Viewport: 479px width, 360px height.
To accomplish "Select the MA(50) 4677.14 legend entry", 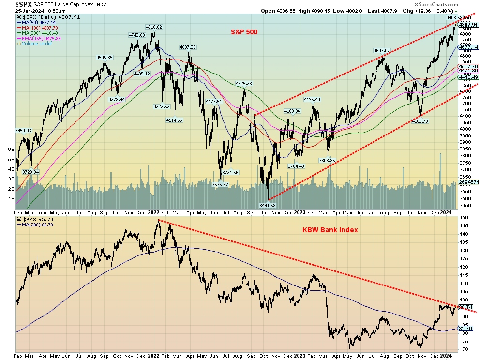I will click(x=37, y=22).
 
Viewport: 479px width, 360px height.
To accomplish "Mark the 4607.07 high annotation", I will click(x=381, y=50).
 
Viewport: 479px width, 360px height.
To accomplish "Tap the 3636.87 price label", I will click(x=220, y=184).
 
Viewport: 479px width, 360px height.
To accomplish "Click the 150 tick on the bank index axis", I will click(x=463, y=218).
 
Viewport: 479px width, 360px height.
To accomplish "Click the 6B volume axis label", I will click(x=10, y=150).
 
